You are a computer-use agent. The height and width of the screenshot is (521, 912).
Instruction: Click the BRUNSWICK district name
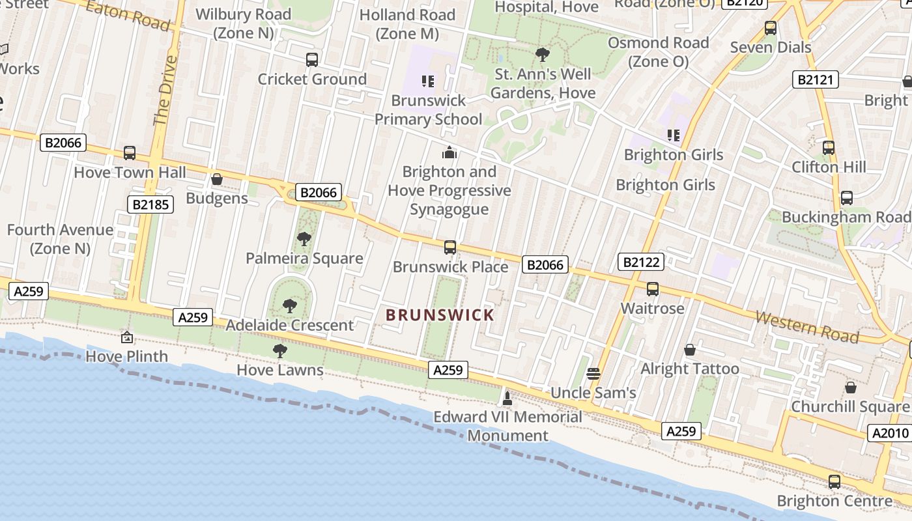[x=440, y=315]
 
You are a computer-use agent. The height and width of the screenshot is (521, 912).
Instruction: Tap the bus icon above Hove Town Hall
[x=130, y=154]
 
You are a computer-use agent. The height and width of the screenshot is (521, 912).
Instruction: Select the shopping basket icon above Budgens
[x=217, y=179]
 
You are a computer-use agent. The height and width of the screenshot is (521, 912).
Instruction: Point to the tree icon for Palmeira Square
[x=304, y=239]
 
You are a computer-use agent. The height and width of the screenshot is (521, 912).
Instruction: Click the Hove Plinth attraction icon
[x=127, y=337]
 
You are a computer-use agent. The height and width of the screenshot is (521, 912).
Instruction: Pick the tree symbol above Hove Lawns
[x=280, y=351]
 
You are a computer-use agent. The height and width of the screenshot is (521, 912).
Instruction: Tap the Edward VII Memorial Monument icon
[x=507, y=398]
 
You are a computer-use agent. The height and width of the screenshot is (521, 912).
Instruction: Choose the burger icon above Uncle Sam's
[x=593, y=374]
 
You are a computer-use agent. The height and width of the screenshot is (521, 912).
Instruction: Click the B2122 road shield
[x=640, y=262]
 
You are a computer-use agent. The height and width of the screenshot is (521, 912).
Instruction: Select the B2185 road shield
[x=150, y=205]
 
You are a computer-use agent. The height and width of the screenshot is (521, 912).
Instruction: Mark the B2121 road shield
[x=815, y=80]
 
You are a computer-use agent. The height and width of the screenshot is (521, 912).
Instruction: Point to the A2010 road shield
[x=890, y=433]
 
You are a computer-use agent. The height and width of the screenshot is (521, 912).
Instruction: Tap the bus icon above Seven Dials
[x=771, y=28]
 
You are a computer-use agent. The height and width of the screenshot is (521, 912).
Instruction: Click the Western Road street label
[x=807, y=326]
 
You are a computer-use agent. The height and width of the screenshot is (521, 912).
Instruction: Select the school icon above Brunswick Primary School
[x=428, y=81]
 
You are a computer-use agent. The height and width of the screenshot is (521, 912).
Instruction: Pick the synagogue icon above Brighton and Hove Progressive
[x=449, y=153]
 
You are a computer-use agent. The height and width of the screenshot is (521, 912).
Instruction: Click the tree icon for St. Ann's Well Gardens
[x=542, y=55]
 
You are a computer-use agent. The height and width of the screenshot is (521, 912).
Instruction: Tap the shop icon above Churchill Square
[x=850, y=388]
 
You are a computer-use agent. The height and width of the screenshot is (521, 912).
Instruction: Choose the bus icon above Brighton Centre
[x=834, y=482]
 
